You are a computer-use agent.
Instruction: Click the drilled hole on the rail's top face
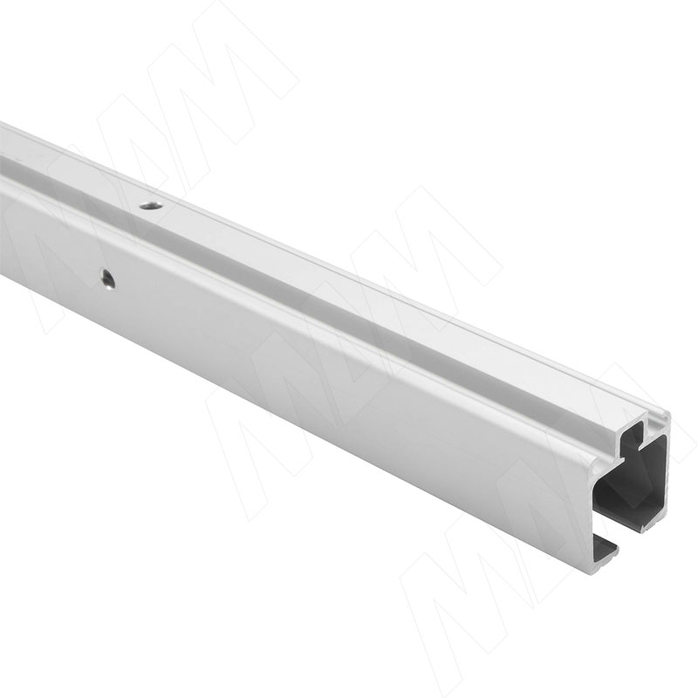(x=150, y=206)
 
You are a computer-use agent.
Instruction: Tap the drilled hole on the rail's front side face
(x=107, y=279)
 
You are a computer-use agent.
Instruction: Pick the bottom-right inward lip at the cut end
(x=654, y=523)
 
